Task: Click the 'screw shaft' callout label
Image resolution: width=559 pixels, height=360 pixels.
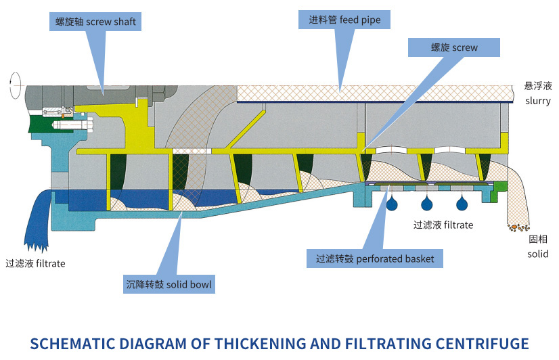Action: click(x=95, y=22)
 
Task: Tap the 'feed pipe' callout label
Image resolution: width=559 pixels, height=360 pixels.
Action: click(x=344, y=20)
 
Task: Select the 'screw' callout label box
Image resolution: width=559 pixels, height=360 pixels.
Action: click(x=454, y=47)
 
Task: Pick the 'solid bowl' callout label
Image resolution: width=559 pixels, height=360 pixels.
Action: click(x=169, y=284)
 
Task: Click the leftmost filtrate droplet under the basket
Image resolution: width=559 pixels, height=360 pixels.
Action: click(x=392, y=202)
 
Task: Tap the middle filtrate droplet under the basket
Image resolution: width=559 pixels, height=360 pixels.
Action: click(x=427, y=202)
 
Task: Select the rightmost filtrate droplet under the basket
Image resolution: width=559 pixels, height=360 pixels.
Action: click(x=462, y=202)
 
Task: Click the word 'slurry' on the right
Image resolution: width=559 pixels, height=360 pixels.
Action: click(x=538, y=101)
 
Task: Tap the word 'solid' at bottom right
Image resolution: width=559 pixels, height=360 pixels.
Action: click(x=538, y=254)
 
